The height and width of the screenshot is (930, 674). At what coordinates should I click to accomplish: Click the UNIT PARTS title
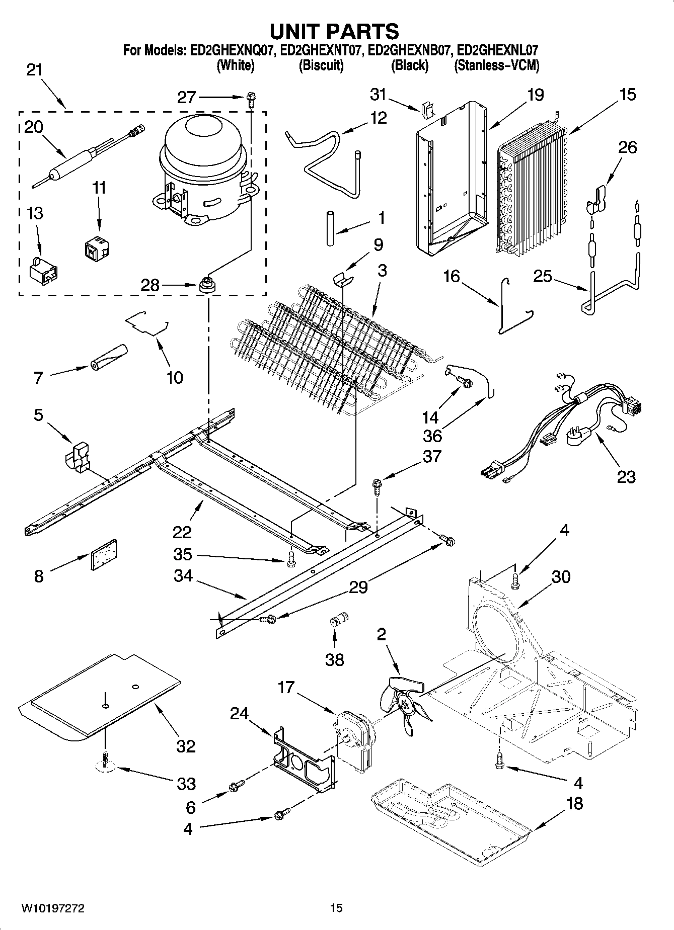[334, 31]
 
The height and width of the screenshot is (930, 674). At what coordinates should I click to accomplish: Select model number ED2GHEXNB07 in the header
[409, 50]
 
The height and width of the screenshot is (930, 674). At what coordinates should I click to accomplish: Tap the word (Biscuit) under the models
[321, 65]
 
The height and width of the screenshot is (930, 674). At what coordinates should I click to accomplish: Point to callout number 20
[34, 127]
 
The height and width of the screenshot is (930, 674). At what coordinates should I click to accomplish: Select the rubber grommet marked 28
[206, 285]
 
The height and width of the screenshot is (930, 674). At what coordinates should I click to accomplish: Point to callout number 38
[335, 659]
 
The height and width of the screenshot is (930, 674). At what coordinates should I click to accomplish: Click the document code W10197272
[52, 908]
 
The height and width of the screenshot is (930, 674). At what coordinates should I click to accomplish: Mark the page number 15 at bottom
[336, 908]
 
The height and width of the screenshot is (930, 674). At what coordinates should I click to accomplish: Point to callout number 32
[185, 745]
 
